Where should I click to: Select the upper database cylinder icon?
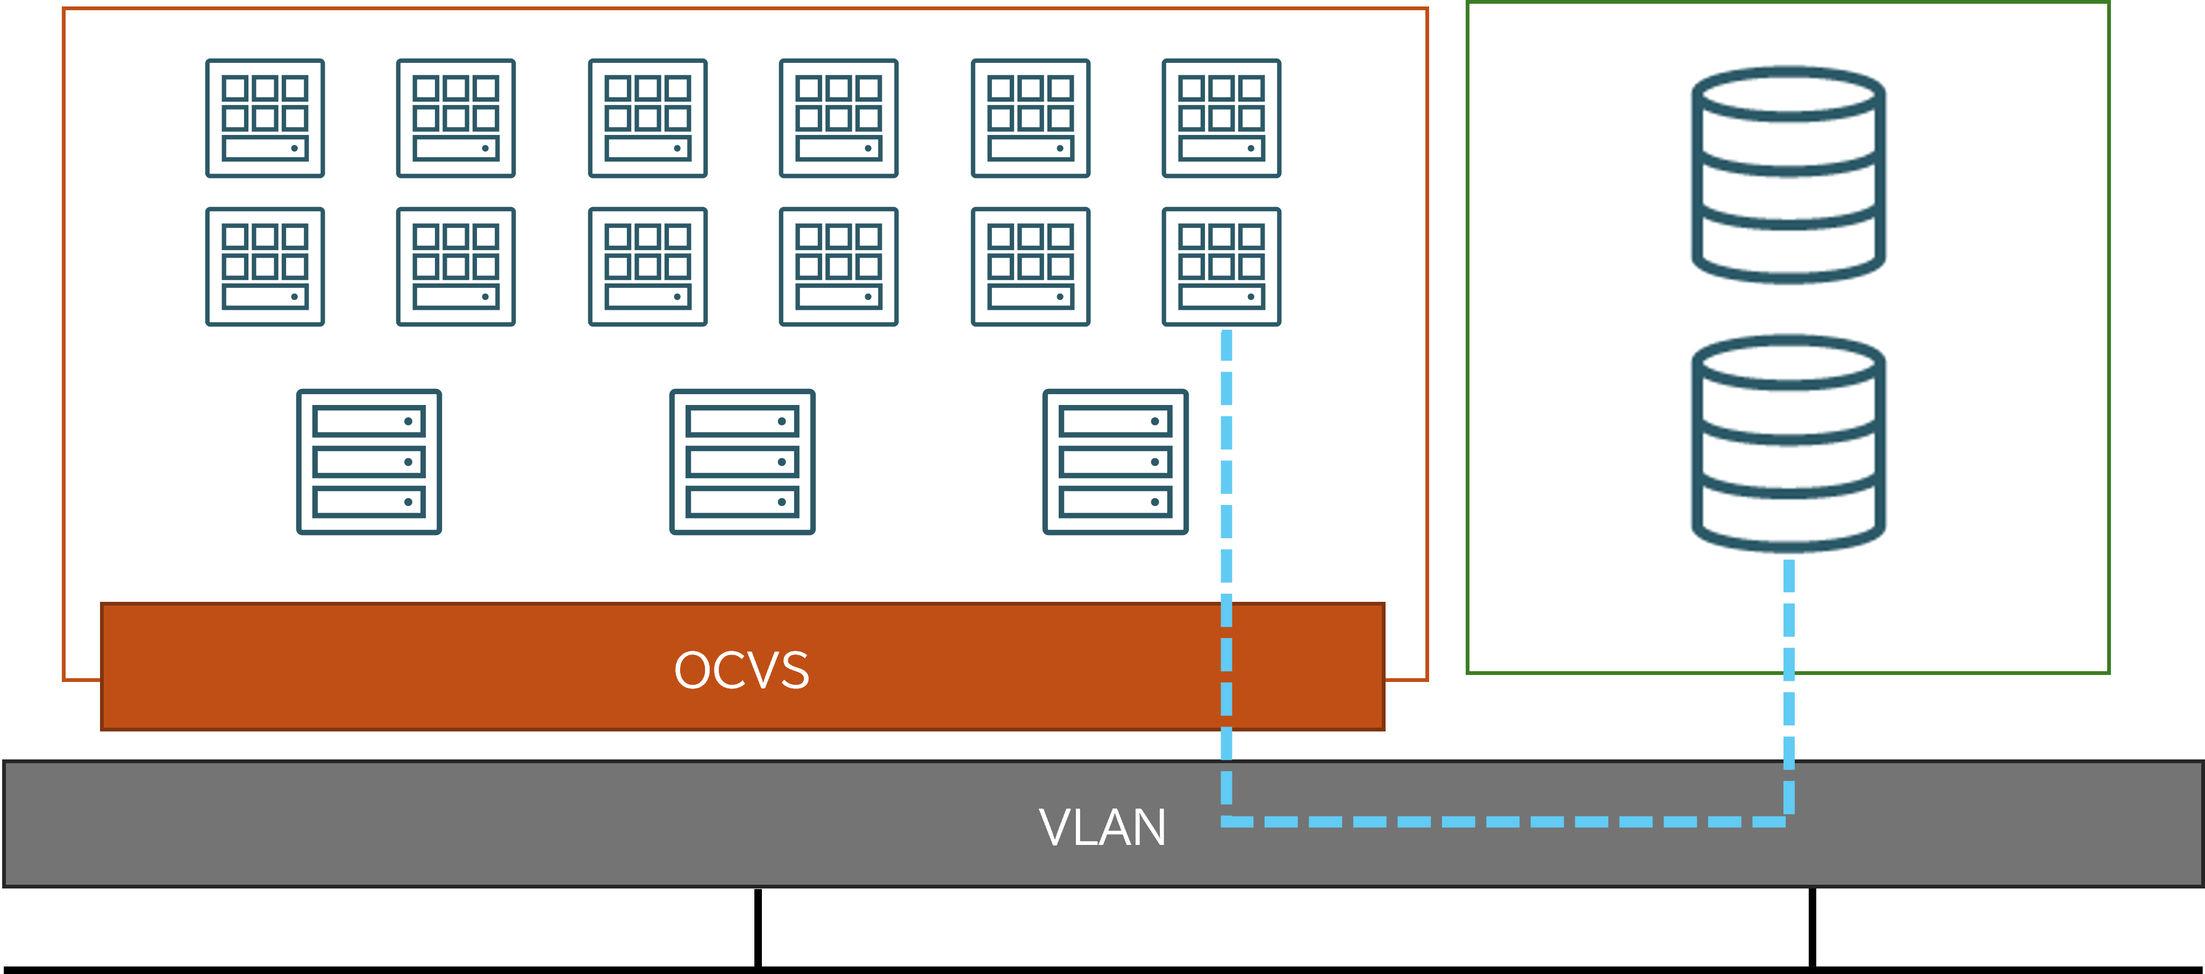(x=1788, y=175)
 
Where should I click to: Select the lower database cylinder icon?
(x=1788, y=443)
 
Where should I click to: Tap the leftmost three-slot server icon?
(x=369, y=462)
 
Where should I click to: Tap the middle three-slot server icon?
(x=742, y=462)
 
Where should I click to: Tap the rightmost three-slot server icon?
(x=1115, y=462)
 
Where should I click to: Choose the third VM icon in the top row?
(x=647, y=118)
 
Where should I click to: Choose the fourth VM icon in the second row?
(x=838, y=266)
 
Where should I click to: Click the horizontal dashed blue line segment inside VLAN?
(x=1507, y=822)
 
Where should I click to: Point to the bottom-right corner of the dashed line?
(x=1788, y=822)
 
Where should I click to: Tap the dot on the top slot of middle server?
(x=781, y=421)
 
